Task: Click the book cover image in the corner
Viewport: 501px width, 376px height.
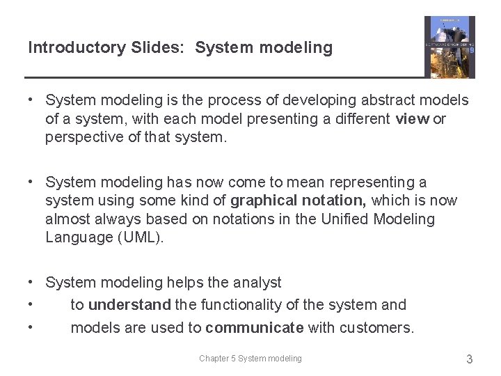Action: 450,47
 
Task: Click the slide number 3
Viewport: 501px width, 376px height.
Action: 469,359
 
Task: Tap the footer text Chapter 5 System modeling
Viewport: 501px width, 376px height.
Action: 250,359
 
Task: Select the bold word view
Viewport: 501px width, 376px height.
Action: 412,119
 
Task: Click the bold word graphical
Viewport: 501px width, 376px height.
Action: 264,201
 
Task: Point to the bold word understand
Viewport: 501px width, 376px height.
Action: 129,305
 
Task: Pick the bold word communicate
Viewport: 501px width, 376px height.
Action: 254,328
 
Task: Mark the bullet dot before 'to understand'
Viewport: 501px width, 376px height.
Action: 31,304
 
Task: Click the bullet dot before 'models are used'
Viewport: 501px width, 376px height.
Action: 31,327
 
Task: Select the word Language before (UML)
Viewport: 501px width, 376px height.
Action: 76,237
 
